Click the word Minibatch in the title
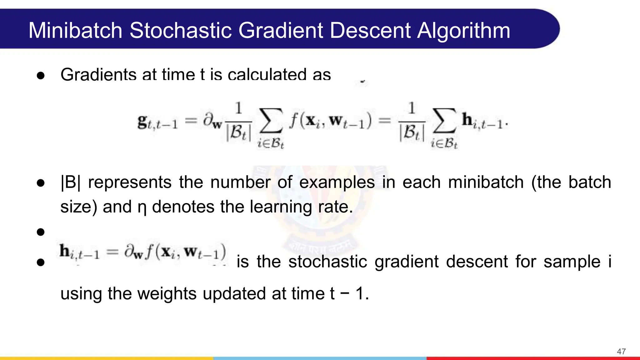pyautogui.click(x=75, y=30)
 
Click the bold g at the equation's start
pyautogui.click(x=142, y=121)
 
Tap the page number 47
pyautogui.click(x=621, y=352)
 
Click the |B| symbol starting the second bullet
pyautogui.click(x=70, y=182)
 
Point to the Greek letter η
pyautogui.click(x=142, y=207)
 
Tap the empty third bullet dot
pyautogui.click(x=41, y=232)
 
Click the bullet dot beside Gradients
pyautogui.click(x=41, y=76)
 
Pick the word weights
pyautogui.click(x=167, y=294)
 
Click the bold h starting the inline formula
pyautogui.click(x=65, y=251)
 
